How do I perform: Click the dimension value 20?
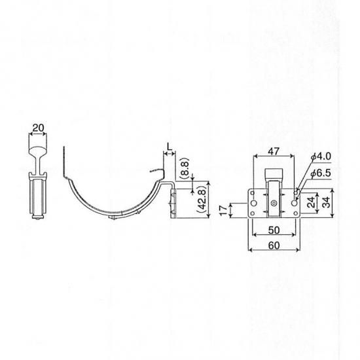[38, 128]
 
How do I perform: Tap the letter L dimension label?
[170, 147]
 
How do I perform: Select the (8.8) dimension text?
[185, 169]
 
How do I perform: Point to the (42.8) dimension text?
[202, 200]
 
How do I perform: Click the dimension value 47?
[274, 151]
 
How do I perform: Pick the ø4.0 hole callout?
[321, 156]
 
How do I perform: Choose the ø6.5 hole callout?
[321, 173]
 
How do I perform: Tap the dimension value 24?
[312, 202]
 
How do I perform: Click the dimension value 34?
[327, 202]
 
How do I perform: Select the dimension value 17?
[223, 210]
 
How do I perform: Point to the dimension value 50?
[274, 230]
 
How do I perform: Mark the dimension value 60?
[274, 245]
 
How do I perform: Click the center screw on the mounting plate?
[274, 203]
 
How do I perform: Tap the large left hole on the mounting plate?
[254, 203]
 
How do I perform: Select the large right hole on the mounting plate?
[294, 203]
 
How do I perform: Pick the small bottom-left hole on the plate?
[252, 214]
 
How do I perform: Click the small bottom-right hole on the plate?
[295, 214]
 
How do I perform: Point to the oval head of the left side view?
[38, 151]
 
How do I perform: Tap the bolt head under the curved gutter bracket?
[113, 217]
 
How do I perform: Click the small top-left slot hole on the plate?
[252, 192]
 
